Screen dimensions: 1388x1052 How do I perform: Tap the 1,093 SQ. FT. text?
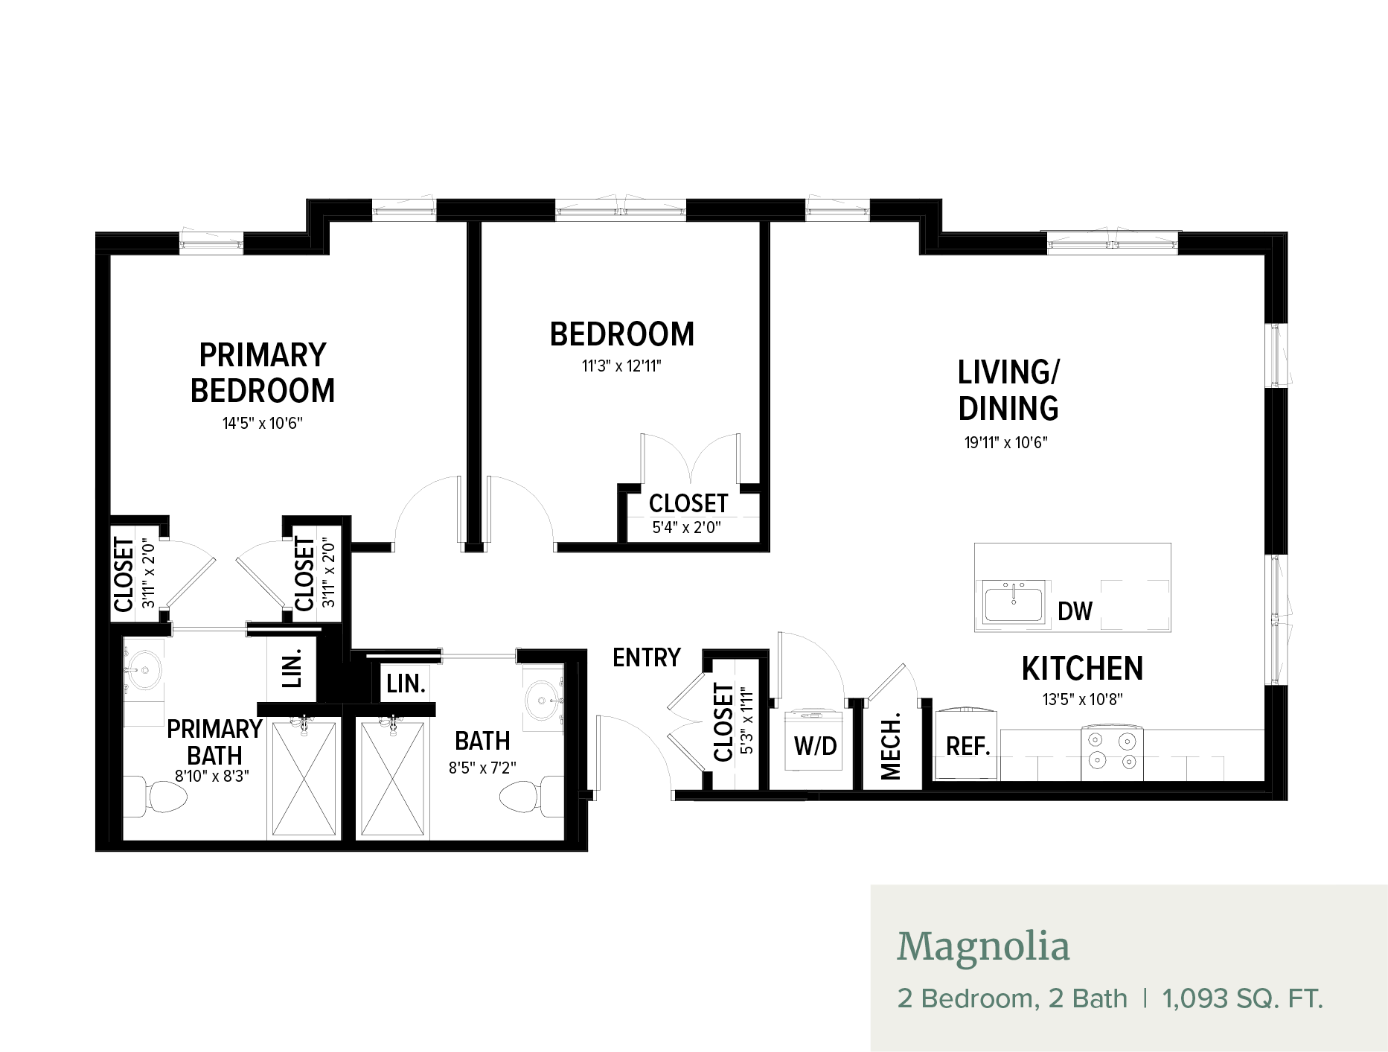(x=1243, y=998)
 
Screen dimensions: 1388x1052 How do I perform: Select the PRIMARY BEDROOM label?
(x=263, y=372)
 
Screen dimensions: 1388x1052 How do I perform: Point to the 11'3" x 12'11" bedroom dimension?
(x=621, y=366)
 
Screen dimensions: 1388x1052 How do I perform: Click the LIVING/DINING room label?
(x=1008, y=390)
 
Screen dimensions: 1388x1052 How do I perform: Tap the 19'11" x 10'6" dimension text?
(x=1006, y=442)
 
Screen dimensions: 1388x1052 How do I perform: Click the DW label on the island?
(x=1075, y=611)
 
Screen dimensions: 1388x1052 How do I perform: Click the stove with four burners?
(x=1112, y=754)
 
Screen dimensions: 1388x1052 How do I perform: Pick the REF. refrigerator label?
(x=968, y=746)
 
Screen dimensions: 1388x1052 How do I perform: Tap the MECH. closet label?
(x=891, y=746)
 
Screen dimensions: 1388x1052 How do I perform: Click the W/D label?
(x=816, y=746)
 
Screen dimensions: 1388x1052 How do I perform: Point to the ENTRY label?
(x=647, y=657)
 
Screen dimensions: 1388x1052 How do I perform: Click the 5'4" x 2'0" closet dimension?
(x=687, y=528)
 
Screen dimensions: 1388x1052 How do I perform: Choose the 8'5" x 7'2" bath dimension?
(x=482, y=768)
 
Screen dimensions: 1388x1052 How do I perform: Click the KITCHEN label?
(x=1082, y=669)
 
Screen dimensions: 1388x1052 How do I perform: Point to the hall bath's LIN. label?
(x=406, y=683)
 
